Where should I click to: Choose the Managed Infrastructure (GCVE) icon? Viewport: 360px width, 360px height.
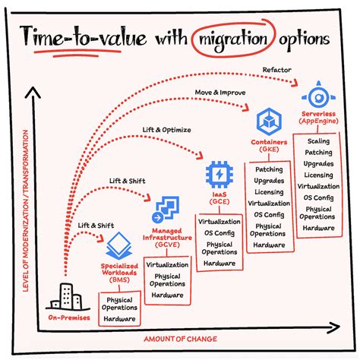165,208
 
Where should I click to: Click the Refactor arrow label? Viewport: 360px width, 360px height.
277,71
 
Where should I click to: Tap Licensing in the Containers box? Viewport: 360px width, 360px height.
270,192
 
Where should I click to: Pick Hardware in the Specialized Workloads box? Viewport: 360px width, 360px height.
119,320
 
